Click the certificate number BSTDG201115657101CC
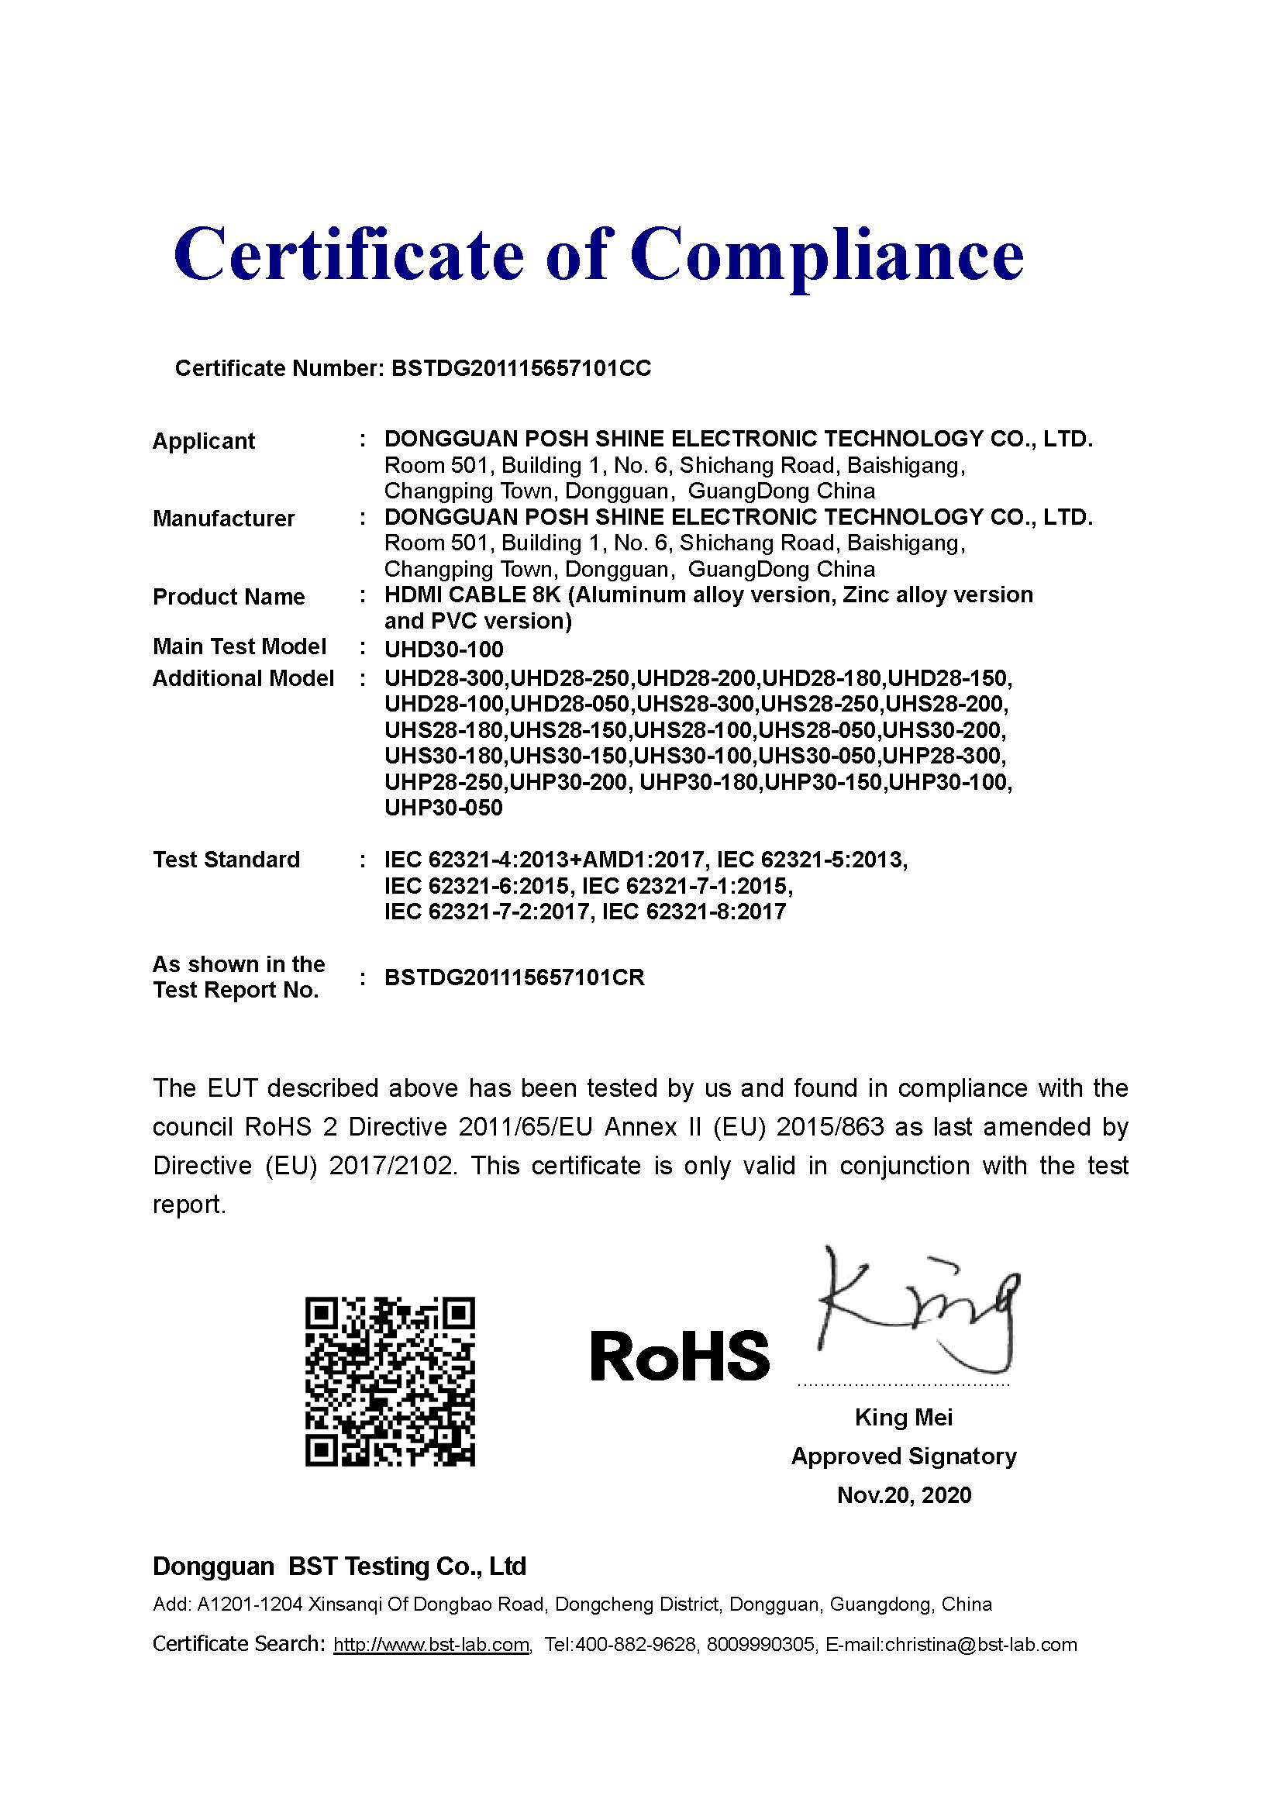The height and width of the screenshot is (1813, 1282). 521,369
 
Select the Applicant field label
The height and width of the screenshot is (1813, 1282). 204,441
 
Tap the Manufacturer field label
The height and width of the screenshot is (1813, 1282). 223,519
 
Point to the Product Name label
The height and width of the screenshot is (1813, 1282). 228,597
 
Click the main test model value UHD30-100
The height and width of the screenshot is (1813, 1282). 443,650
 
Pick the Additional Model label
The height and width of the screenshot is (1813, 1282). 243,678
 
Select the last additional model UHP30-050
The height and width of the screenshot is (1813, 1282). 443,808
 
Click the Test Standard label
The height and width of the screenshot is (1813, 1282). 226,859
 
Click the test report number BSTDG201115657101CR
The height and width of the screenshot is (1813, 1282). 515,977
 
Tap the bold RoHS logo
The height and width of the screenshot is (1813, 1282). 680,1355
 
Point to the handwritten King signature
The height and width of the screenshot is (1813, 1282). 915,1311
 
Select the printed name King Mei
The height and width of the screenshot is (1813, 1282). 903,1418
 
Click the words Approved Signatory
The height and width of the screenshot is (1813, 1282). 904,1456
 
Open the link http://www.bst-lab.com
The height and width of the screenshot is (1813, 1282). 431,1645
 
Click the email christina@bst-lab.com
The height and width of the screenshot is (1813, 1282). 980,1645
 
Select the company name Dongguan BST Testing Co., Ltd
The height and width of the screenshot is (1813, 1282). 339,1567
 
